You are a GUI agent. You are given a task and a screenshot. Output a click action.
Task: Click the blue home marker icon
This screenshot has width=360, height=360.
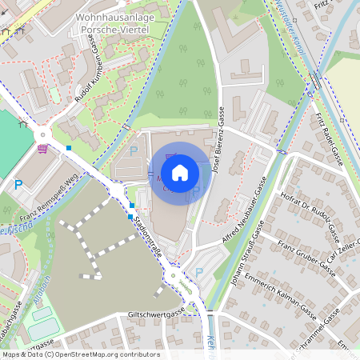180,172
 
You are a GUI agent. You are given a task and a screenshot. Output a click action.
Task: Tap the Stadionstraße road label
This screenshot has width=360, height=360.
151,236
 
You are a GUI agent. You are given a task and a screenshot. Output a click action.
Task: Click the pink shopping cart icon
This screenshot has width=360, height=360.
42,149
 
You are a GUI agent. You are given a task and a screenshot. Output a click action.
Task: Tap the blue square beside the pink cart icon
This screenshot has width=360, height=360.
70,147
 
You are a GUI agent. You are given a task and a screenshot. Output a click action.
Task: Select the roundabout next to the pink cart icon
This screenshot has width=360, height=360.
42,134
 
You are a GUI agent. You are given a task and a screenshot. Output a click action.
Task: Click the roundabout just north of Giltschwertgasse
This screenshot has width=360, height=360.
172,276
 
